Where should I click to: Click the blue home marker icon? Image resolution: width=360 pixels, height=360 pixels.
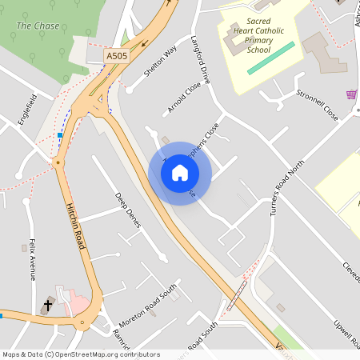coord(179,173)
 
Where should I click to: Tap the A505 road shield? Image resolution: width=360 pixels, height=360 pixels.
coord(117,57)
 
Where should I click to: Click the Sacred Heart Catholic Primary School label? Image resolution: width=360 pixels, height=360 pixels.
coord(247,36)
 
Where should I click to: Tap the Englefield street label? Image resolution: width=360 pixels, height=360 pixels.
coord(28,110)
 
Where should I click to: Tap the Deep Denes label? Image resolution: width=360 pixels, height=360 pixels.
coord(127,210)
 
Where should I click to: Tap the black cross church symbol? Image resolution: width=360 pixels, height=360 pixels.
coord(48,305)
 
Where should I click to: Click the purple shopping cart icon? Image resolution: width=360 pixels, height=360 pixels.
coord(350,94)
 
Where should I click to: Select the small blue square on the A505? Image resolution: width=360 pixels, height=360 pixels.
coord(60,135)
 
